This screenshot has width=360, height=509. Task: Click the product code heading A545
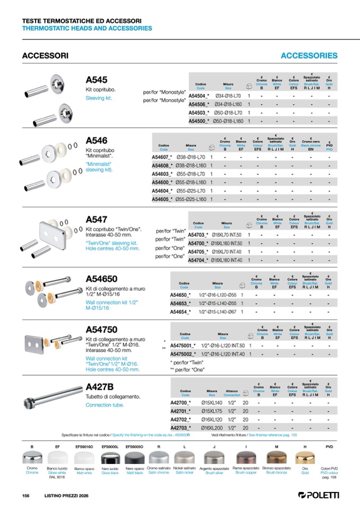point(97,79)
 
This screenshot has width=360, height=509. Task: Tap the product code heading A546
point(97,141)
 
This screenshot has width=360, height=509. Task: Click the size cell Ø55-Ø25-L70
point(191,191)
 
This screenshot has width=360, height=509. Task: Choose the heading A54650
point(105,279)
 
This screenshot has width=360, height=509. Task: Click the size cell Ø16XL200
point(212,427)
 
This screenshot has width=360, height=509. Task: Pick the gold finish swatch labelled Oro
point(305,457)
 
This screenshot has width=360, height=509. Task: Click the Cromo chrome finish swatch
point(32,457)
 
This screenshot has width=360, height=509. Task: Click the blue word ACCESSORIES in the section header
point(308,55)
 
